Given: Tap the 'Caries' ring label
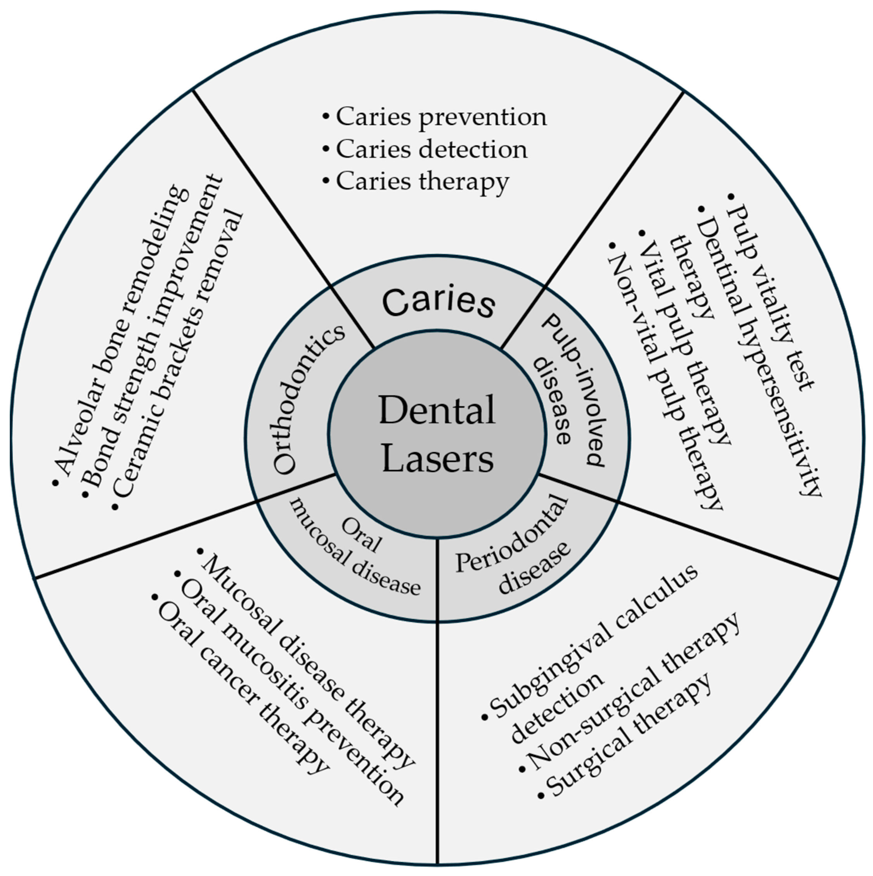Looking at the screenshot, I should pyautogui.click(x=438, y=302).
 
